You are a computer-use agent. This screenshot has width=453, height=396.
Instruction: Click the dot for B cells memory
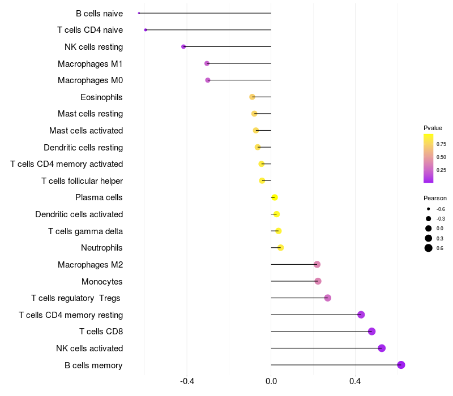pyautogui.click(x=401, y=365)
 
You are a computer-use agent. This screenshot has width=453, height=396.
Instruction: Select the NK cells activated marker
pyautogui.click(x=382, y=348)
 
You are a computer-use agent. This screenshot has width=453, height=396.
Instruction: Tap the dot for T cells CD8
pyautogui.click(x=371, y=332)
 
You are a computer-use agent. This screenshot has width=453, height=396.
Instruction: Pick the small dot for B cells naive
pyautogui.click(x=139, y=13)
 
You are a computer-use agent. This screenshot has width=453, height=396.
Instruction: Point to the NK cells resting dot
pyautogui.click(x=183, y=46)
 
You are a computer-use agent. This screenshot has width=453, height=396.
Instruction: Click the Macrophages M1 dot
pyautogui.click(x=207, y=63)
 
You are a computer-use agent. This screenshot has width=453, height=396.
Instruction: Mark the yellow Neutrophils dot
pyautogui.click(x=280, y=248)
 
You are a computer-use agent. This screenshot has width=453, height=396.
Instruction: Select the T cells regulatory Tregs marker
pyautogui.click(x=327, y=298)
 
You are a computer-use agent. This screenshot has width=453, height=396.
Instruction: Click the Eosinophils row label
pyautogui.click(x=101, y=97)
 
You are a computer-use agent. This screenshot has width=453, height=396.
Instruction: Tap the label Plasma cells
pyautogui.click(x=99, y=197)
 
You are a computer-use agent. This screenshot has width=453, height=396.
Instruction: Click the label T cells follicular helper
pyautogui.click(x=82, y=181)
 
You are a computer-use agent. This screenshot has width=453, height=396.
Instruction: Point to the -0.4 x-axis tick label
pyautogui.click(x=187, y=382)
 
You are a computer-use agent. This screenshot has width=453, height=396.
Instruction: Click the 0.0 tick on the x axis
pyautogui.click(x=271, y=382)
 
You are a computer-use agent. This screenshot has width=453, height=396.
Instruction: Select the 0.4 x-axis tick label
pyautogui.click(x=355, y=382)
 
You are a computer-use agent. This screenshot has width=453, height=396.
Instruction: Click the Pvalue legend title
pyautogui.click(x=433, y=128)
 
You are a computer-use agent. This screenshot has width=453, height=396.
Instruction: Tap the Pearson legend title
pyautogui.click(x=435, y=198)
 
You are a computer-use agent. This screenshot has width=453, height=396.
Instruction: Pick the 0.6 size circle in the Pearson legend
pyautogui.click(x=429, y=248)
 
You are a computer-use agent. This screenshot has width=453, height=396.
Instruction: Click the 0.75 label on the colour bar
pyautogui.click(x=441, y=144)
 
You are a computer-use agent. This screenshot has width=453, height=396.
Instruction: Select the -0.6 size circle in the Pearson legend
pyautogui.click(x=429, y=209)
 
